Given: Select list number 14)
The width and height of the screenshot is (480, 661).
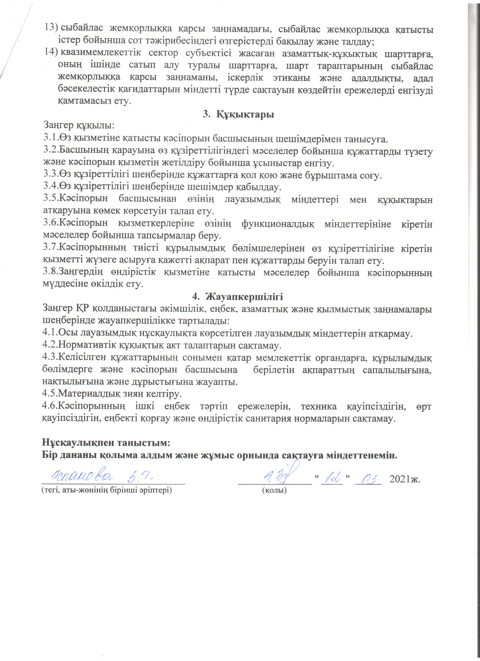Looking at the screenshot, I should (51, 53).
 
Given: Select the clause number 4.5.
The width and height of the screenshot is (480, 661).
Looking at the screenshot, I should (50, 394).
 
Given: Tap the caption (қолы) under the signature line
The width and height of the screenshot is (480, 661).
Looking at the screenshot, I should (274, 490).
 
